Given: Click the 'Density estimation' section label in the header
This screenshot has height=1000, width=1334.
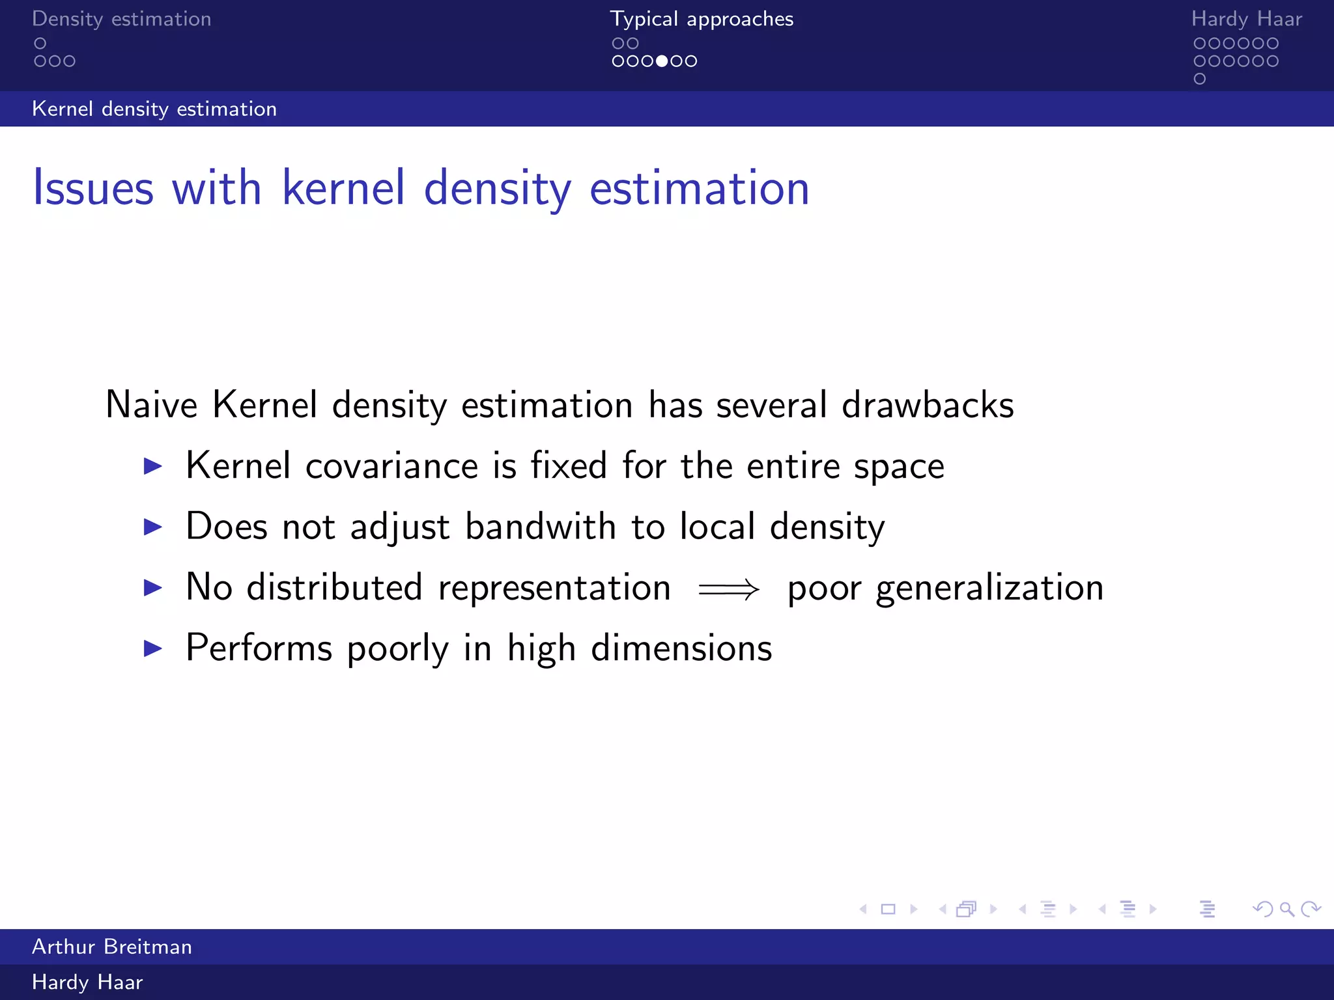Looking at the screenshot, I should click(x=121, y=19).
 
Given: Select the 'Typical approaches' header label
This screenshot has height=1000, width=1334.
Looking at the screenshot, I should click(x=702, y=19).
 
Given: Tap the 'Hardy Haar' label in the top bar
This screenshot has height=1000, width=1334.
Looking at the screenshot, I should click(x=1246, y=19).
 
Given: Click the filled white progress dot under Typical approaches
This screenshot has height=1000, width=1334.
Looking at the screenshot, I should click(x=662, y=61).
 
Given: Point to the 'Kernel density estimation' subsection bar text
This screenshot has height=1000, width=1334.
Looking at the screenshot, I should click(x=154, y=109).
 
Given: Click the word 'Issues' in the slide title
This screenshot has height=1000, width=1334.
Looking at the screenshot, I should click(x=93, y=188).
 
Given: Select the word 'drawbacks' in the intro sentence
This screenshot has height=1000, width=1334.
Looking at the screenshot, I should click(x=928, y=405).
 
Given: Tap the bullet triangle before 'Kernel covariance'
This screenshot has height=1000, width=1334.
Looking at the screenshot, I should click(x=152, y=466).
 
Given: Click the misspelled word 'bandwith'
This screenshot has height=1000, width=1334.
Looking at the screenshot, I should click(x=540, y=526).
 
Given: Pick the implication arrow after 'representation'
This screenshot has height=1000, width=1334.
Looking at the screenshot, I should click(x=728, y=589).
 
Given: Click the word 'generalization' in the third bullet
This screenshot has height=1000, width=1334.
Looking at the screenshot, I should click(x=989, y=588).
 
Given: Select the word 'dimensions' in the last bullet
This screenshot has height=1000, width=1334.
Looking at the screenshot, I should click(x=681, y=648).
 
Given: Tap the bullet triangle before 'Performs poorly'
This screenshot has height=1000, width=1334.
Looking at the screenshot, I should click(x=152, y=648).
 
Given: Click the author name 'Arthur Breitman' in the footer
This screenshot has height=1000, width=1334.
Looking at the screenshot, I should click(x=112, y=947).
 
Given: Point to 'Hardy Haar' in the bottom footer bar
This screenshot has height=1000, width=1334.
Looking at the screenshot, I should click(x=87, y=982).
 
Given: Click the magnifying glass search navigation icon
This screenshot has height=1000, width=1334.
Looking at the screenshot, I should click(x=1286, y=909).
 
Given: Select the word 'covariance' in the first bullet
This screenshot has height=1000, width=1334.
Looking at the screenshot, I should click(x=391, y=466).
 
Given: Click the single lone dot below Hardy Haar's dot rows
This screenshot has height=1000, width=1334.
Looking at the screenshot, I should click(x=1200, y=79).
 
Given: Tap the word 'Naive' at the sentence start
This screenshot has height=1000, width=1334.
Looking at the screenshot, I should click(x=151, y=405).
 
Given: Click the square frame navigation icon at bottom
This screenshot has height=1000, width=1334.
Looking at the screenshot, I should click(x=888, y=909).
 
